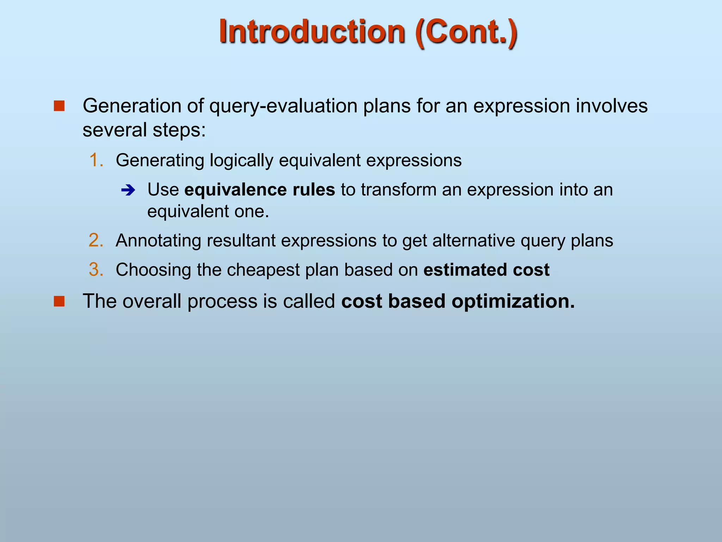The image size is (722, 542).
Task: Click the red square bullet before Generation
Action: pyautogui.click(x=59, y=106)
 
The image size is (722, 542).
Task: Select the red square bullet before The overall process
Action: pyautogui.click(x=59, y=301)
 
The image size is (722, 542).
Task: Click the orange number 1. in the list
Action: pyautogui.click(x=96, y=160)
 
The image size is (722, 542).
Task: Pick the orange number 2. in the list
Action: pyautogui.click(x=96, y=241)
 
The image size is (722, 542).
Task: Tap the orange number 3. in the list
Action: pyautogui.click(x=96, y=270)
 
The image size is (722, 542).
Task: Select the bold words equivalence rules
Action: pyautogui.click(x=259, y=190)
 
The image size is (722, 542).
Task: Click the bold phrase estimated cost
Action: pyautogui.click(x=486, y=270)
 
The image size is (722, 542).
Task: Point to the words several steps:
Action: pyautogui.click(x=144, y=130)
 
